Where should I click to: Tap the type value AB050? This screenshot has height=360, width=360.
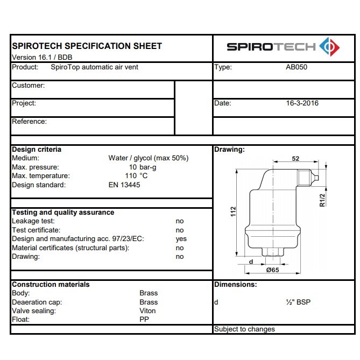click(297, 68)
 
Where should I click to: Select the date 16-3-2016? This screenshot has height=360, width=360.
click(302, 103)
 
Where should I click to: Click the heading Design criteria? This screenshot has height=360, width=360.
click(37, 150)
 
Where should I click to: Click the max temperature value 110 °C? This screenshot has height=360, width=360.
click(136, 176)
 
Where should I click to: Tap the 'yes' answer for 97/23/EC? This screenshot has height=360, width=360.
click(181, 239)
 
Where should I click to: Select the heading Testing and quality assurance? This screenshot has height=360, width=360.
click(63, 213)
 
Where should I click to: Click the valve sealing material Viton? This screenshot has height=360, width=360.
click(147, 311)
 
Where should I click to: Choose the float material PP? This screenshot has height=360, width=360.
click(144, 320)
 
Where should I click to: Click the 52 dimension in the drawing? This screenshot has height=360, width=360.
click(295, 159)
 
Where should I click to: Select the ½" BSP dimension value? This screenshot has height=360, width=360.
click(298, 302)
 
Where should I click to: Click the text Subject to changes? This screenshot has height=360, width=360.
click(244, 329)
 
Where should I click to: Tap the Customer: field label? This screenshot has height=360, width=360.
click(28, 86)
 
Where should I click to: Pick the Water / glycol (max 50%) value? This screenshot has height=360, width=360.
click(149, 158)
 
